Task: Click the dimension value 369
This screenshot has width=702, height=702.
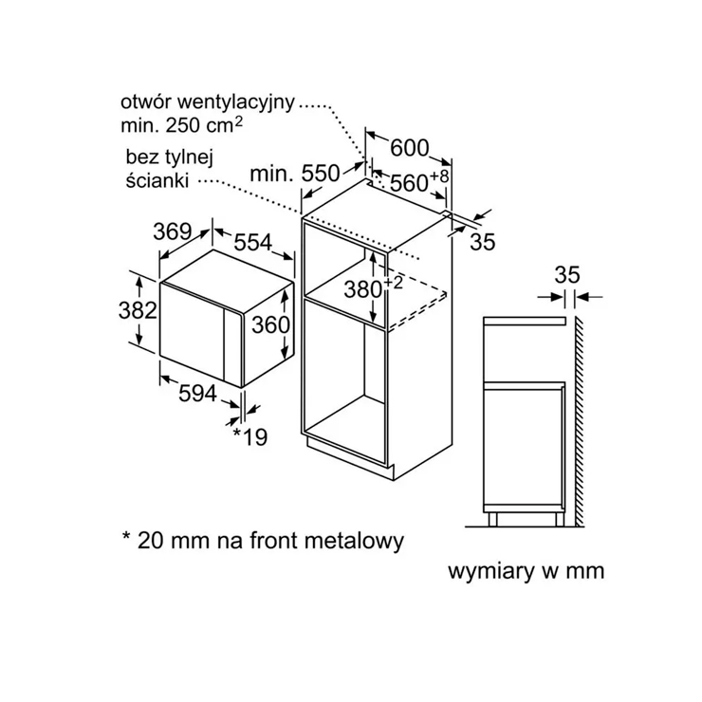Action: pos(173,231)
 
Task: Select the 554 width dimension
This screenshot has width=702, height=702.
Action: pos(253,243)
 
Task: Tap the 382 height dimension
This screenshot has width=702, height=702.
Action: pos(138,310)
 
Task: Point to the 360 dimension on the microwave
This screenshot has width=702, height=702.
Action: pos(270,324)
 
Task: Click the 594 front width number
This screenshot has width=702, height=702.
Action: pos(197,394)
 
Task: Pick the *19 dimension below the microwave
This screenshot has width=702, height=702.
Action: pos(250,436)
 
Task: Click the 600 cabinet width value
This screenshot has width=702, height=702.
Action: pos(410,148)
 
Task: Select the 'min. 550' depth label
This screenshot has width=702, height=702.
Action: pos(295,174)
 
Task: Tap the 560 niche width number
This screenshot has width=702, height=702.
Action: pos(409,183)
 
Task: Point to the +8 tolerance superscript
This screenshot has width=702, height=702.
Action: pos(439,175)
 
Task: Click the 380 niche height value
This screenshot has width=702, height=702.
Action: pos(362,289)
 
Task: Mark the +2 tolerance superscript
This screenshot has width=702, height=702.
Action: pos(393,283)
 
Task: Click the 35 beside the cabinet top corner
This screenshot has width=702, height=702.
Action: pos(483,242)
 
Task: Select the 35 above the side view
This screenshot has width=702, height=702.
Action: pos(567,274)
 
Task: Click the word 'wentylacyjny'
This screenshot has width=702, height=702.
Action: pos(236,103)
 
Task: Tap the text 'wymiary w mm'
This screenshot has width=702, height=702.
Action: pos(526,571)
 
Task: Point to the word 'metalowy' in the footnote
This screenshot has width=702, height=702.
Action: pos(354,541)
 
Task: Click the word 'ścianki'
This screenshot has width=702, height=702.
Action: pos(157,180)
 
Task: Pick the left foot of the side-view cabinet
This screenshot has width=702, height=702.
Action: pos(492,519)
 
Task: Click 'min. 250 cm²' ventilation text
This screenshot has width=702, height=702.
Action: pos(182,125)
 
